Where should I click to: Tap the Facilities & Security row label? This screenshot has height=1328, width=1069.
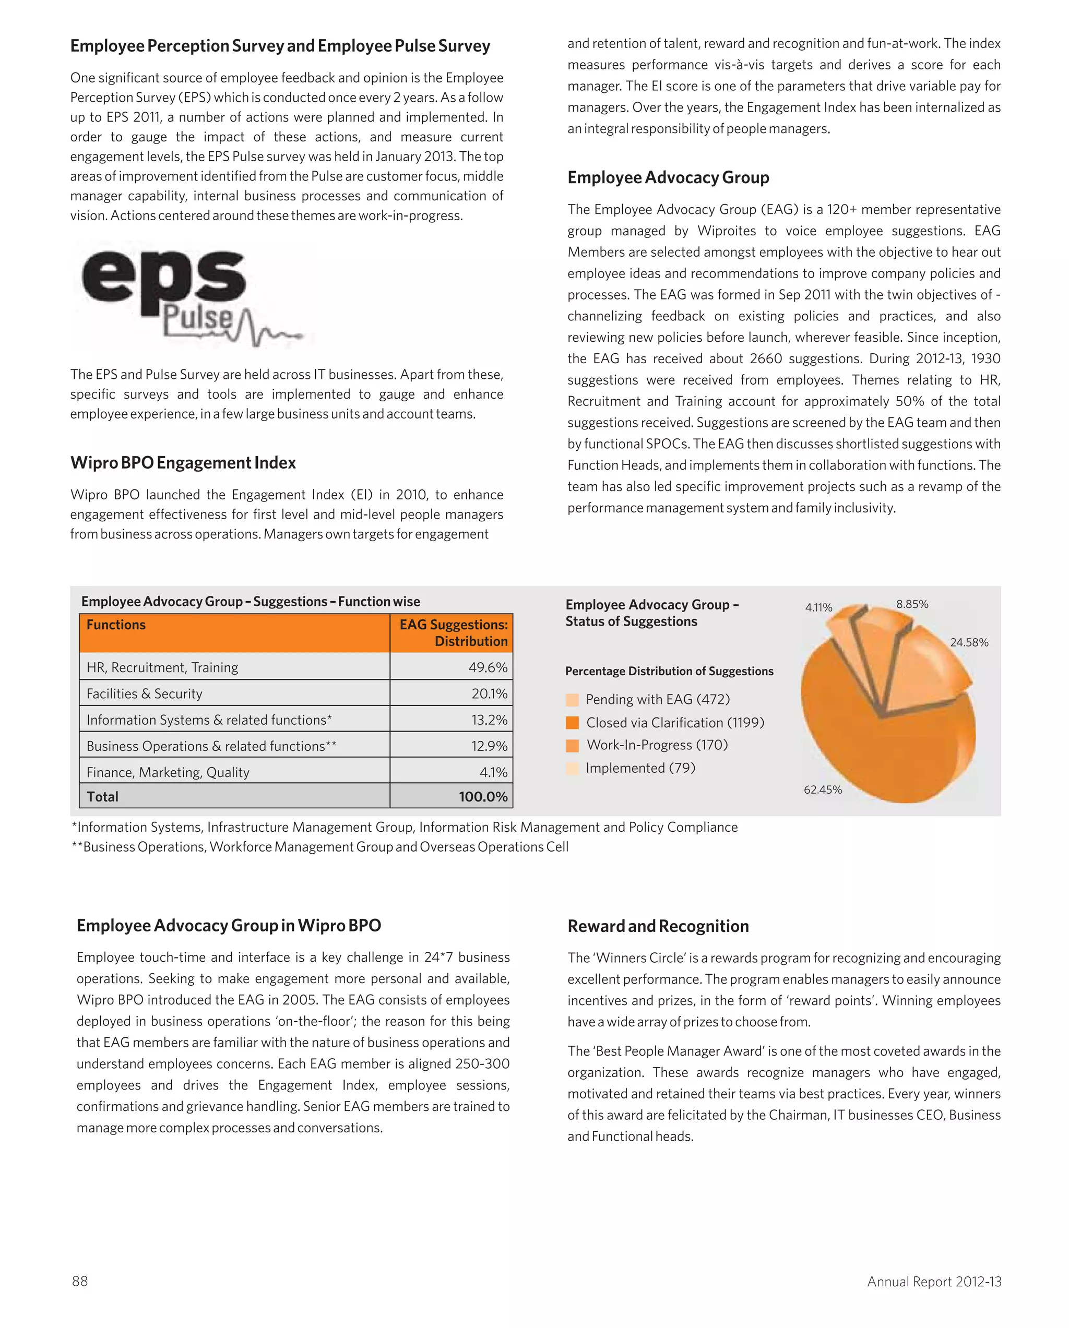pyautogui.click(x=144, y=693)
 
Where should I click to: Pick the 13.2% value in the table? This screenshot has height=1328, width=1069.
pyautogui.click(x=489, y=720)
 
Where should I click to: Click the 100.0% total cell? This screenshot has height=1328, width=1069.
pyautogui.click(x=483, y=796)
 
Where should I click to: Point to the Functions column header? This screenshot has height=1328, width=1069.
pyautogui.click(x=116, y=625)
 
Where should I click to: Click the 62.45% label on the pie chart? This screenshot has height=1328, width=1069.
pyautogui.click(x=822, y=789)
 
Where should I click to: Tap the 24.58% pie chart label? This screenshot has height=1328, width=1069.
pyautogui.click(x=969, y=642)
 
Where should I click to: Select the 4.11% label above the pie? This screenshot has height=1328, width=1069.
pyautogui.click(x=818, y=607)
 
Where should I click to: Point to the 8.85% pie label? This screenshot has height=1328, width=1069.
pyautogui.click(x=912, y=604)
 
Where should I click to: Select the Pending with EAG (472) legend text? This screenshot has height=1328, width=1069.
pyautogui.click(x=657, y=700)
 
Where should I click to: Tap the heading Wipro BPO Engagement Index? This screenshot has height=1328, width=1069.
pyautogui.click(x=183, y=463)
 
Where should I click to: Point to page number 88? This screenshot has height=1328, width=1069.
pyautogui.click(x=80, y=1281)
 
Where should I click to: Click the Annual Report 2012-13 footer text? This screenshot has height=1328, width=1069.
pyautogui.click(x=933, y=1282)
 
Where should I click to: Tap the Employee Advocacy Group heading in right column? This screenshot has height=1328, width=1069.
pyautogui.click(x=668, y=177)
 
